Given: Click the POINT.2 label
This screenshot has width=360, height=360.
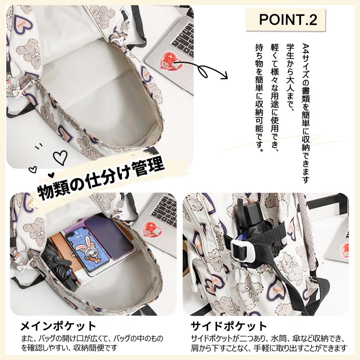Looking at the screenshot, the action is point(288,19).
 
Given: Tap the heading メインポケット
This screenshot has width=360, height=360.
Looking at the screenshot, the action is point(58,326).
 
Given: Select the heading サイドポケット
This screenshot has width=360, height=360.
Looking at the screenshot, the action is point(229,326).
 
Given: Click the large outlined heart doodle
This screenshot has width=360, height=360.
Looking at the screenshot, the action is point(60,157).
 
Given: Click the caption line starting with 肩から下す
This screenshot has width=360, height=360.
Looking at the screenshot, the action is point(269,348).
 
